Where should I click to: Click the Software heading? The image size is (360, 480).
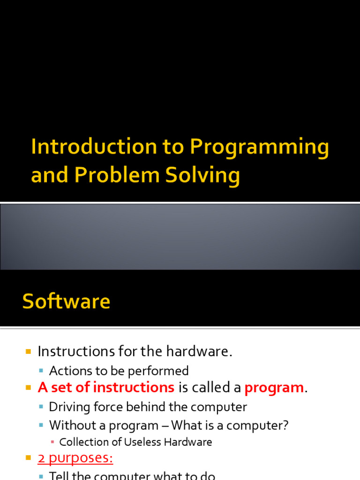pos(66,301)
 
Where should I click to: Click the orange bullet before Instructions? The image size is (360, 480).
pos(28,351)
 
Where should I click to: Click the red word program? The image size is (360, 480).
pos(274,388)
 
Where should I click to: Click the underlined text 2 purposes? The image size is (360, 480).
pos(75,458)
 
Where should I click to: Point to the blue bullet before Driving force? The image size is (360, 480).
pos(41,407)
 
